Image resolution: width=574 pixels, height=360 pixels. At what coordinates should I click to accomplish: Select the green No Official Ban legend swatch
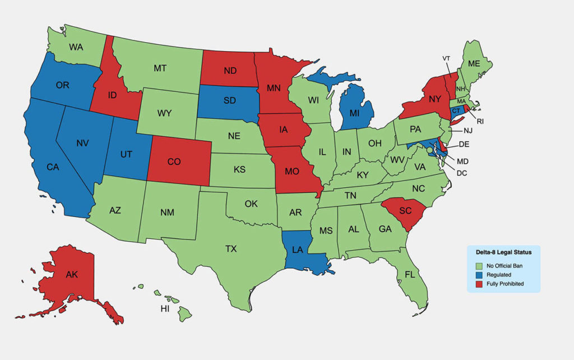pos(479,265)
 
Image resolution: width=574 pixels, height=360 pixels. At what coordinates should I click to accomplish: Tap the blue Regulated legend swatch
pos(479,274)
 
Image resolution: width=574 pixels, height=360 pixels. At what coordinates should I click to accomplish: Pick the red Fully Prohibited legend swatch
pos(479,284)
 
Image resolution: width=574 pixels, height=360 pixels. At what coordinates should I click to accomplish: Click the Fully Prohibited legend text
pos(505,284)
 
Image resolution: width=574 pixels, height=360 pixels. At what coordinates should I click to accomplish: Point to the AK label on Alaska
pos(72,275)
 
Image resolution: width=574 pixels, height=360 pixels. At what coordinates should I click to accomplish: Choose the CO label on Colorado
pos(174,161)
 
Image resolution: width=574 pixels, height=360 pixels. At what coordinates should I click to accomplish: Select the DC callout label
pos(461,173)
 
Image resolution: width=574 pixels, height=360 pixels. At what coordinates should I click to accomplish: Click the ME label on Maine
pos(474,64)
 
